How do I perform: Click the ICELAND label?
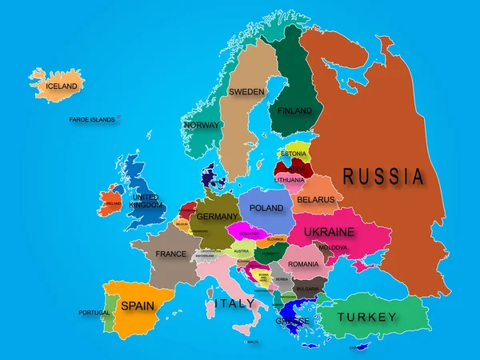point(62,86)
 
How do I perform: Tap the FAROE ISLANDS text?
point(92,120)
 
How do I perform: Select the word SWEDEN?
point(246,92)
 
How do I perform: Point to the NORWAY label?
point(202,126)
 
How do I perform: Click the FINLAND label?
point(294,110)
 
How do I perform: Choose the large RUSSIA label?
point(383,176)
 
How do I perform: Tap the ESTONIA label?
point(294,154)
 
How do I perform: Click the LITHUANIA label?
point(289,181)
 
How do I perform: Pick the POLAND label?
point(266,208)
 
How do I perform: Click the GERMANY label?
point(217,217)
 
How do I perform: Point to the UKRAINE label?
point(328,231)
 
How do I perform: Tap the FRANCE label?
point(170,254)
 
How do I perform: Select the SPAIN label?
point(137,305)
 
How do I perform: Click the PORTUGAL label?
point(94,313)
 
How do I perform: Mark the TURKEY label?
point(366,318)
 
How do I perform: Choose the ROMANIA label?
point(303,264)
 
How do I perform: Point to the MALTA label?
point(254,342)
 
